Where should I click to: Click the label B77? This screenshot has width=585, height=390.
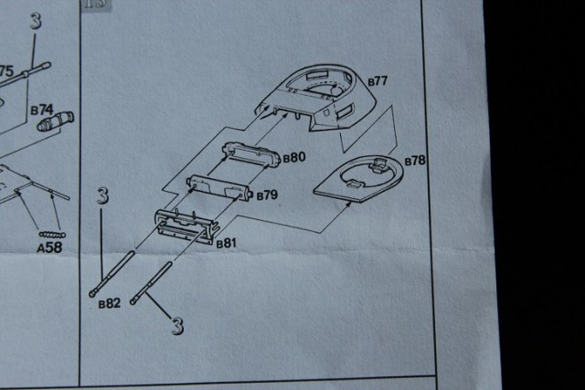point(378,81)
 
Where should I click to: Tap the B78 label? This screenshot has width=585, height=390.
point(414,162)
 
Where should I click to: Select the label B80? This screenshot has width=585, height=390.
point(294,157)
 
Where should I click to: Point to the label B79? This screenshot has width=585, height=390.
point(267,195)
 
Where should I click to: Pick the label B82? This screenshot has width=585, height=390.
point(110,304)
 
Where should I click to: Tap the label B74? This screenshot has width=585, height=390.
point(42,110)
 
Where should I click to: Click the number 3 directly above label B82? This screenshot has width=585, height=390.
point(102,197)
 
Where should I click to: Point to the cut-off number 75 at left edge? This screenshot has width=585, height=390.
point(5,71)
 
